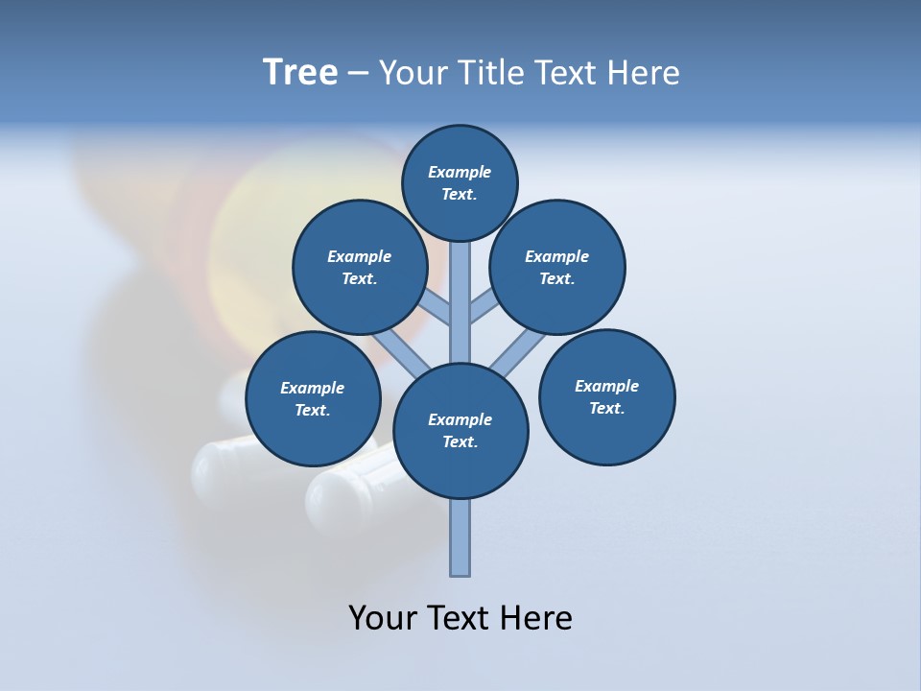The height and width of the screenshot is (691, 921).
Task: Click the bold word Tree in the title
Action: click(x=300, y=72)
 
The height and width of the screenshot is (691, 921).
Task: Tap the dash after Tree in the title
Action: click(x=358, y=74)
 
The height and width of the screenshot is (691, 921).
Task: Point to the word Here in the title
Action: click(x=643, y=73)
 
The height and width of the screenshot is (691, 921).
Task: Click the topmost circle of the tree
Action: click(x=460, y=182)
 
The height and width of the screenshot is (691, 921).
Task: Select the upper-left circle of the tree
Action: click(x=360, y=267)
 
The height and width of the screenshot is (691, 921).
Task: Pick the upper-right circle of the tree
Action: click(x=557, y=267)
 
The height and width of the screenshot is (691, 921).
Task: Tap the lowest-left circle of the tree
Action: click(x=313, y=398)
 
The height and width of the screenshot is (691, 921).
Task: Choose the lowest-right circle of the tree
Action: click(x=607, y=396)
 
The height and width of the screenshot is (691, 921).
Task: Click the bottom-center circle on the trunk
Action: click(x=460, y=431)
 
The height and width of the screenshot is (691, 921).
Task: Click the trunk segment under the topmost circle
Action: click(x=460, y=288)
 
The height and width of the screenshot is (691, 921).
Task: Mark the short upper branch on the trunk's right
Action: click(x=483, y=307)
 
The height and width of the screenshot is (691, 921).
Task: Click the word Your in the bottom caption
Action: click(x=383, y=617)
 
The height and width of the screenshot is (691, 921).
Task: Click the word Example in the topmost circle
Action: click(x=460, y=172)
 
